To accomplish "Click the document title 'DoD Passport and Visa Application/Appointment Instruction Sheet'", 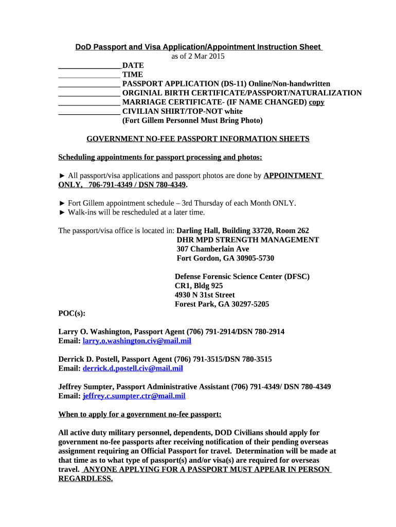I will point(198,47).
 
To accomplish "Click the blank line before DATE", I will point(89,66).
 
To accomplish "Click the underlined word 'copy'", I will point(316,102).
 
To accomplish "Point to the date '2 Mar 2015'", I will point(206,56).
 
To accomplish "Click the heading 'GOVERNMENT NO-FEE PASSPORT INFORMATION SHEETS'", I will point(197,139).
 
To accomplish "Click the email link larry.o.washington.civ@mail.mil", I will point(137,341).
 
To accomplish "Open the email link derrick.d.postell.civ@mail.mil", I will point(133,368).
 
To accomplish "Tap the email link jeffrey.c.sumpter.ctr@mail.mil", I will point(134,396).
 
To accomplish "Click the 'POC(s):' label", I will point(72,313).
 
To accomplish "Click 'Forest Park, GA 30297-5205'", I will point(222,304).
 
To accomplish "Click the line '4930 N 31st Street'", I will point(205,295).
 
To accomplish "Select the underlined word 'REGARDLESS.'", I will point(85,479).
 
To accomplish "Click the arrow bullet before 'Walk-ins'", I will point(62,213).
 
